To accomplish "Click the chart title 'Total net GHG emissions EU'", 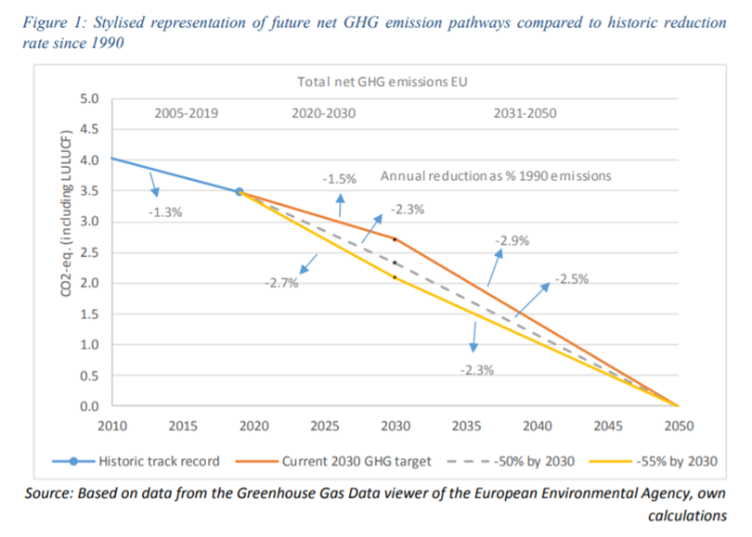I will pos(382,82).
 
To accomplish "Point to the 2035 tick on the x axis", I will pos(466,427).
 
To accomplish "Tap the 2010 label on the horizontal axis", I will pos(111,427).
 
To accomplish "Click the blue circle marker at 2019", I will pos(239,192).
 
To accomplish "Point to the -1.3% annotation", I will pos(165,211).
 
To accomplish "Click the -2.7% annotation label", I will pos(279,284).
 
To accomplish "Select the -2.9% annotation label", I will pos(511,241).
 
